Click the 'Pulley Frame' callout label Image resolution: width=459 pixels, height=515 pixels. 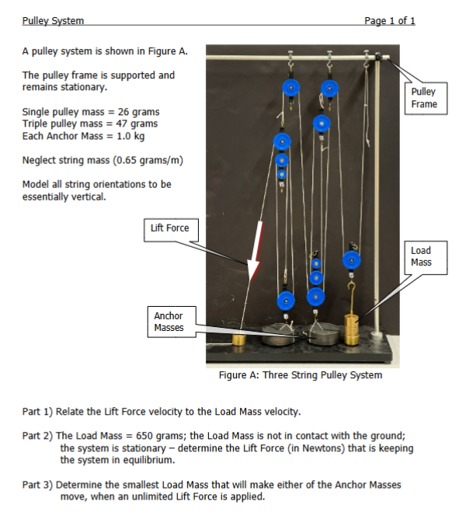click(424, 98)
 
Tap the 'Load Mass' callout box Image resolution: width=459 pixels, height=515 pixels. click(421, 256)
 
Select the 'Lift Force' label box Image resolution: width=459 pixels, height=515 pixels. click(170, 228)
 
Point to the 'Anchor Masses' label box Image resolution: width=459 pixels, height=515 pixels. click(169, 322)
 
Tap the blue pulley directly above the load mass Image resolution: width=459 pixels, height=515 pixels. click(352, 260)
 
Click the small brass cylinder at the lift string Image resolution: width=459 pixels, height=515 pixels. click(240, 339)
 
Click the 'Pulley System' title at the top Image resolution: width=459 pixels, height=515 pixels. click(53, 20)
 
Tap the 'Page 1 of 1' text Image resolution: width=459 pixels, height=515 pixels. click(389, 20)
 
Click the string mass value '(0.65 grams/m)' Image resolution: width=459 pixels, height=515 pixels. click(145, 161)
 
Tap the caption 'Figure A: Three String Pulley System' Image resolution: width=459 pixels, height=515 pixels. click(301, 375)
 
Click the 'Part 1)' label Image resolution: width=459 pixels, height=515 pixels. click(37, 411)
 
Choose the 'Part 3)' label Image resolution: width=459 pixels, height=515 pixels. click(37, 485)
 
